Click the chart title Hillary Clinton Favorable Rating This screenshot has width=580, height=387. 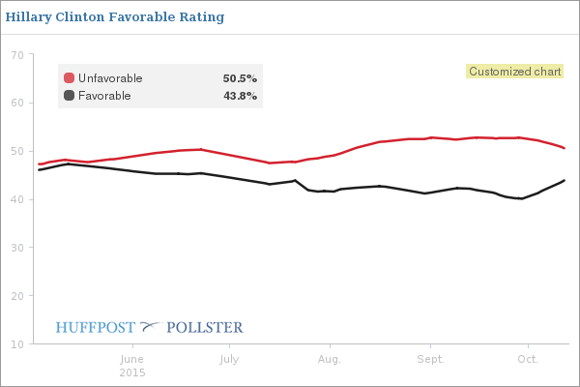[x=115, y=17]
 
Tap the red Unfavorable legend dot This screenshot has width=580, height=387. [x=70, y=78]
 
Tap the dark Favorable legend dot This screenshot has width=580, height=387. [x=70, y=96]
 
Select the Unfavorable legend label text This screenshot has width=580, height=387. [x=110, y=78]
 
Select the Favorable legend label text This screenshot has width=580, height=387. [x=104, y=96]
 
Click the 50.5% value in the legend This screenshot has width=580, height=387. [x=240, y=78]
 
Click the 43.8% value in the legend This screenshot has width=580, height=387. [x=240, y=96]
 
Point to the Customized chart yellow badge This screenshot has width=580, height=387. [x=513, y=72]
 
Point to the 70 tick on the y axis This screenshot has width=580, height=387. [x=16, y=55]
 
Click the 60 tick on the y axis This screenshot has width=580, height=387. [x=16, y=104]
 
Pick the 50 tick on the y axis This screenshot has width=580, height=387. [x=16, y=152]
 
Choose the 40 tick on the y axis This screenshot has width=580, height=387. [x=16, y=200]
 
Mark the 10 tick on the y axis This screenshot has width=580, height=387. [x=16, y=344]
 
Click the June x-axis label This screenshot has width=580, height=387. [x=133, y=360]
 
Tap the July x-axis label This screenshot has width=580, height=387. [x=229, y=360]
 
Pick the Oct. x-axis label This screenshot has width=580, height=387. [x=528, y=360]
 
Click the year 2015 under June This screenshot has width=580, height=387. [x=133, y=372]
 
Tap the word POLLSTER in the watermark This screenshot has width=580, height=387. [x=205, y=328]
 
